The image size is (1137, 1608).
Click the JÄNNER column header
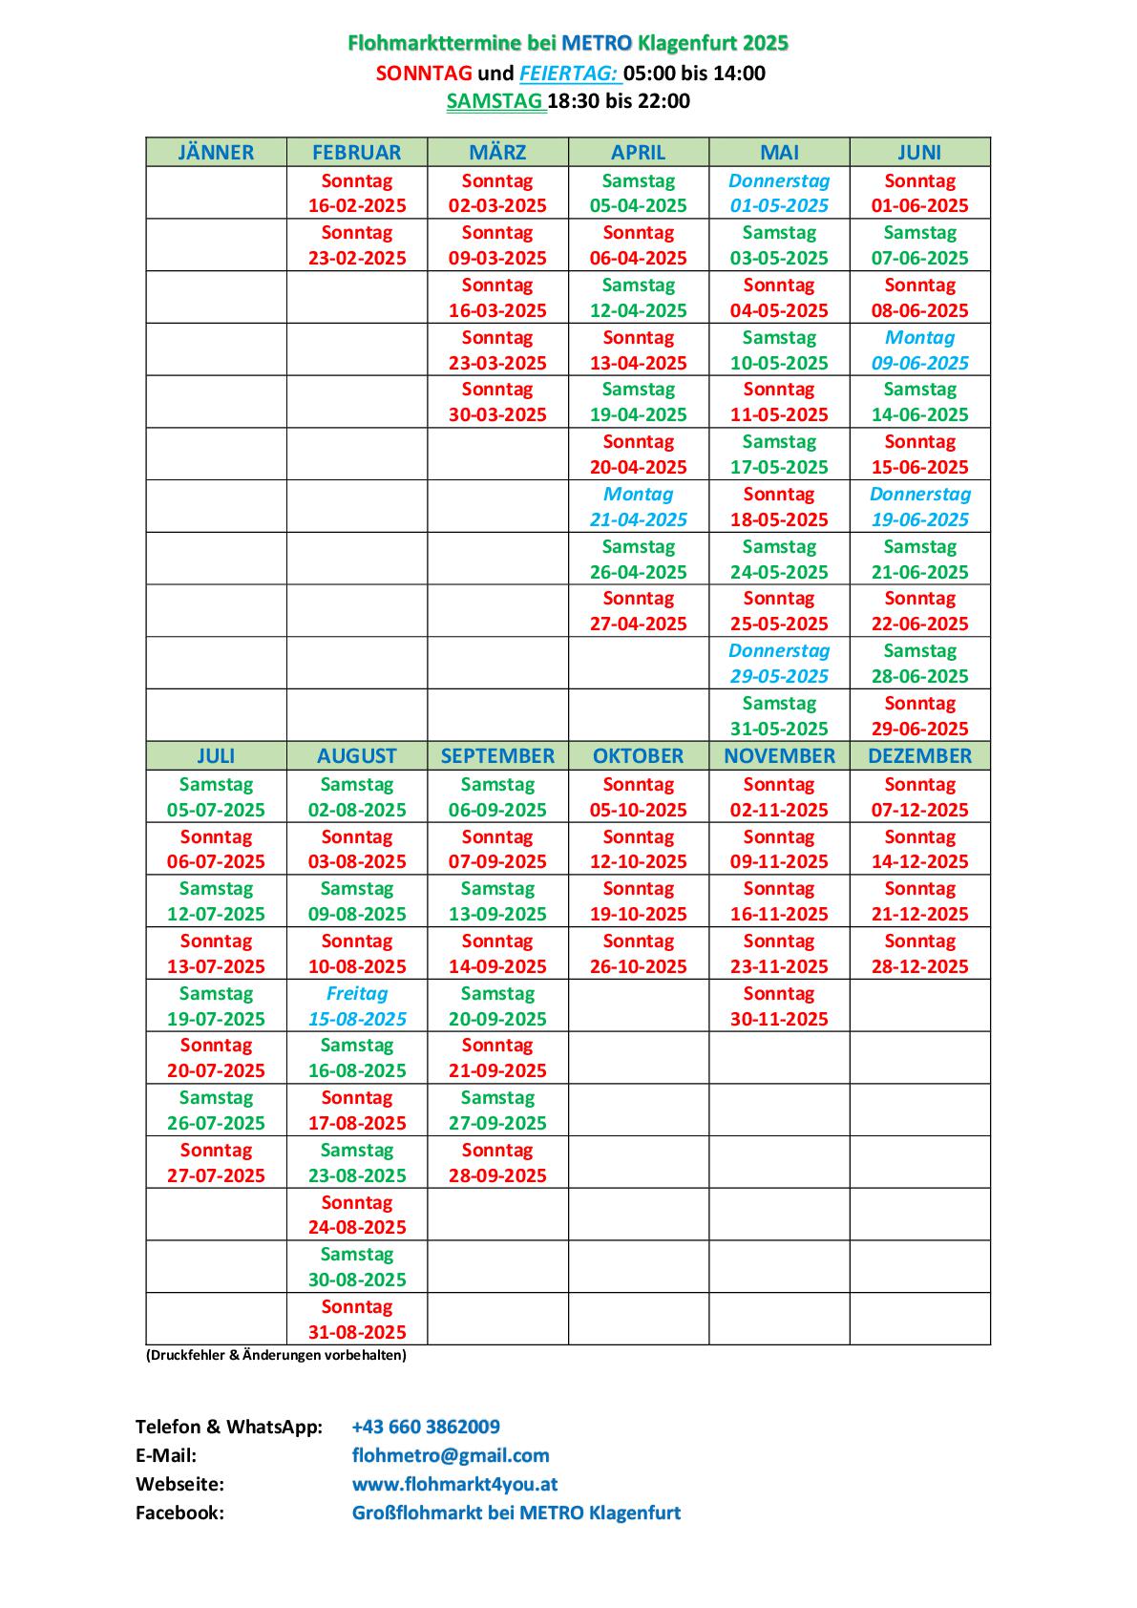tap(216, 153)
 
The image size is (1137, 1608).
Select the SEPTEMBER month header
tap(497, 755)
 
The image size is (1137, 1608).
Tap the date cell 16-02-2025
tap(357, 194)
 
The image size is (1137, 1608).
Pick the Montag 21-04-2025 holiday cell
tap(638, 507)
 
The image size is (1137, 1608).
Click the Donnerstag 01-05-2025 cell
tap(779, 194)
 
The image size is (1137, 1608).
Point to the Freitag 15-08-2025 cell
tap(357, 1006)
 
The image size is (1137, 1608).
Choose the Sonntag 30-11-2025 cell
tap(779, 1006)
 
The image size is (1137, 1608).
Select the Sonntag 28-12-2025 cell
tap(919, 954)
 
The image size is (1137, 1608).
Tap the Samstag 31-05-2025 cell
tap(779, 716)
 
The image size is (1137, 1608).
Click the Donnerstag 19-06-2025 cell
tap(919, 507)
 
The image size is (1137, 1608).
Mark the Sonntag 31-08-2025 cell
tap(357, 1320)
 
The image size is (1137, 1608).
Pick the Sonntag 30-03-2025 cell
tap(497, 402)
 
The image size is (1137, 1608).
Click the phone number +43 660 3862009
tap(426, 1427)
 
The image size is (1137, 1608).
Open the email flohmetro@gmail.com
tap(451, 1455)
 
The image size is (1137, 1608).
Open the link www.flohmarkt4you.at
tap(454, 1484)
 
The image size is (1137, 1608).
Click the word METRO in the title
tap(597, 43)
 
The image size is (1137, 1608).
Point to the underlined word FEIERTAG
tap(569, 74)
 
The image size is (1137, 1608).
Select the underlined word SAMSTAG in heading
tap(495, 101)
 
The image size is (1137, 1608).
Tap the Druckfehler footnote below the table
tap(276, 1355)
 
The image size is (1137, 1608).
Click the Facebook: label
tap(179, 1513)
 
